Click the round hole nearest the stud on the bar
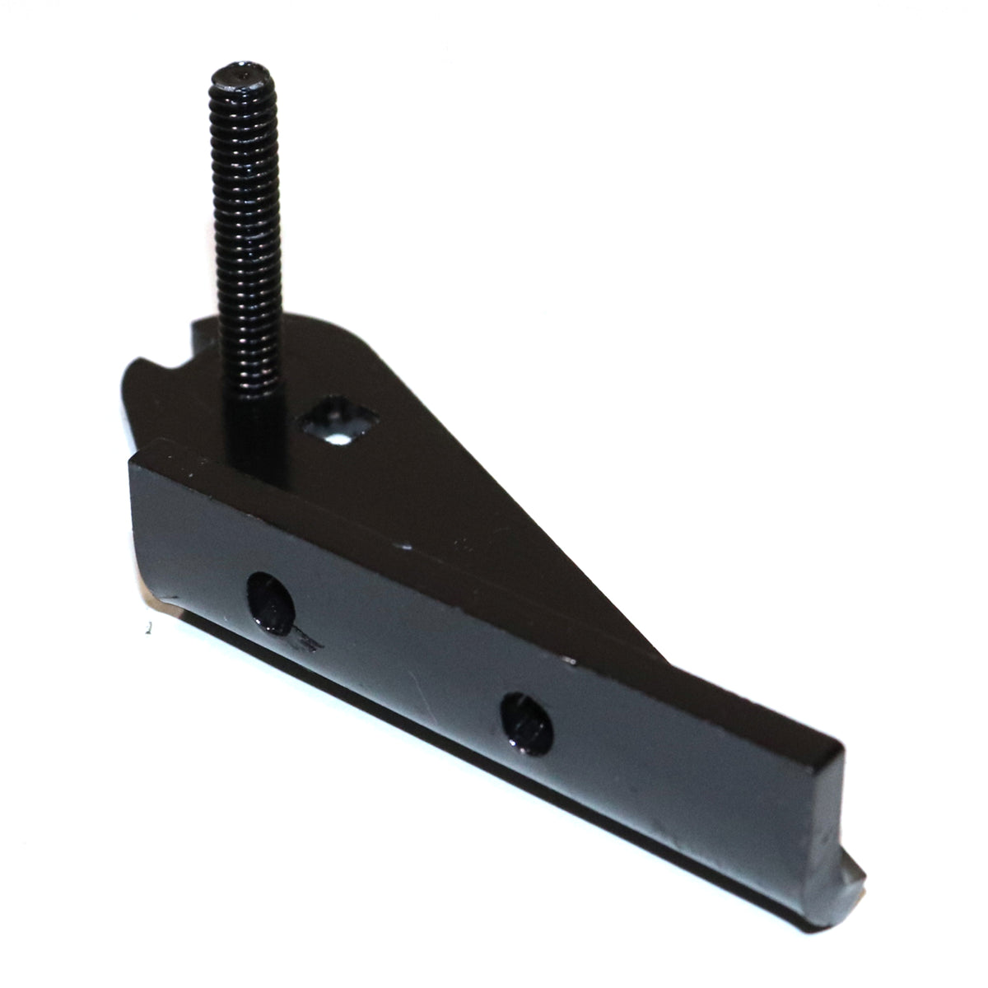click(x=270, y=604)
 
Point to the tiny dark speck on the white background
click(x=147, y=630)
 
